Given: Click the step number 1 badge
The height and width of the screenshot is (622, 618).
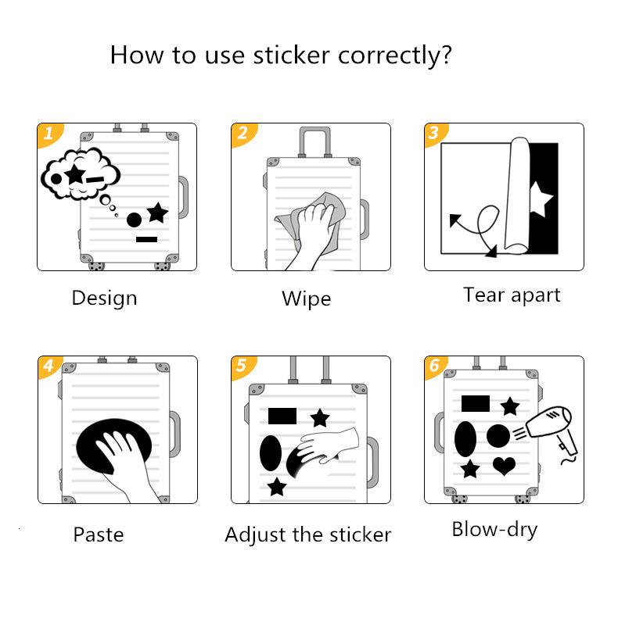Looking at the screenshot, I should click(x=48, y=134).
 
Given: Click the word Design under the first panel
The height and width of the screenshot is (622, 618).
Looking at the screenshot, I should click(x=104, y=298).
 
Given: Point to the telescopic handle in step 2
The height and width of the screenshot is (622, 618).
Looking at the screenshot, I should click(x=312, y=141).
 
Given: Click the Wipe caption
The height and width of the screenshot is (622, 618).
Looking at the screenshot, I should click(x=306, y=298).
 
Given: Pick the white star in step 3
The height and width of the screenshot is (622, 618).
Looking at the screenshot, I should click(x=541, y=198).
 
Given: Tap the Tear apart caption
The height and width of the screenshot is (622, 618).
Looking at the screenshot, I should click(x=512, y=295).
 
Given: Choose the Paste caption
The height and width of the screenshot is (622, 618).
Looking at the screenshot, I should click(x=99, y=534).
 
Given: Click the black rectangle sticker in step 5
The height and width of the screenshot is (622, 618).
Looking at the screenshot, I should click(x=282, y=415).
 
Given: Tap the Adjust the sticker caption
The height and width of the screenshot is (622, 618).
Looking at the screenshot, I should click(x=307, y=535).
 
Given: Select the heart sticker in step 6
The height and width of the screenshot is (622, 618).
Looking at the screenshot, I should click(x=504, y=466).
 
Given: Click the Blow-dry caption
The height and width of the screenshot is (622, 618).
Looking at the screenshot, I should click(x=494, y=529).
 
